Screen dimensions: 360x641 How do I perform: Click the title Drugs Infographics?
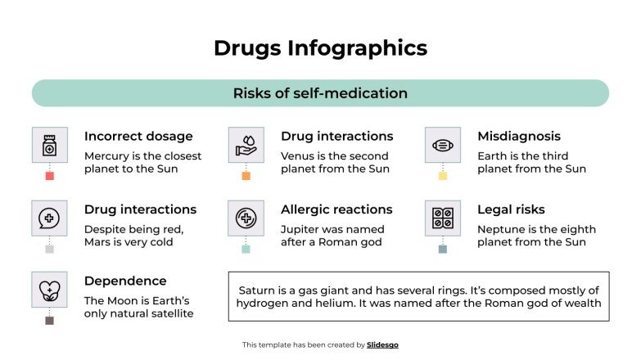(320, 48)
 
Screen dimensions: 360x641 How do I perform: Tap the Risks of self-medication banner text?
(320, 93)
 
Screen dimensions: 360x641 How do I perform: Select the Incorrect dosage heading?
(138, 137)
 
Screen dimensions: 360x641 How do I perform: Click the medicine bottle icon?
(49, 145)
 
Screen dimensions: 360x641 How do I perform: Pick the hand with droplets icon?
(246, 145)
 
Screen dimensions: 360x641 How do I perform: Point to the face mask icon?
(442, 145)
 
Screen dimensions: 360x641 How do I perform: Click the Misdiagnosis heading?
(519, 137)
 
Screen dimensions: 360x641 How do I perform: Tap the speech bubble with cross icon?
(49, 218)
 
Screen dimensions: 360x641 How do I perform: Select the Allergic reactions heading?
(336, 210)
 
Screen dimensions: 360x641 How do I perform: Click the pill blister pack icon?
(442, 218)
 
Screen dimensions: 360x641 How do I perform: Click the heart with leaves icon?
(49, 290)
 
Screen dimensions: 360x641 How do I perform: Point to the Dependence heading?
(125, 281)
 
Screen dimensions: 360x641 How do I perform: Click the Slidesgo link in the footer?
(382, 345)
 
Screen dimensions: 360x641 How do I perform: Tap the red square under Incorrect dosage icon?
(49, 176)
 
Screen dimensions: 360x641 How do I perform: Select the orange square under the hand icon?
(246, 176)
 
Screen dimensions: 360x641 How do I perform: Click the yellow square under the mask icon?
(442, 176)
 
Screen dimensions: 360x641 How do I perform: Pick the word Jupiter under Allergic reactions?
(302, 230)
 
